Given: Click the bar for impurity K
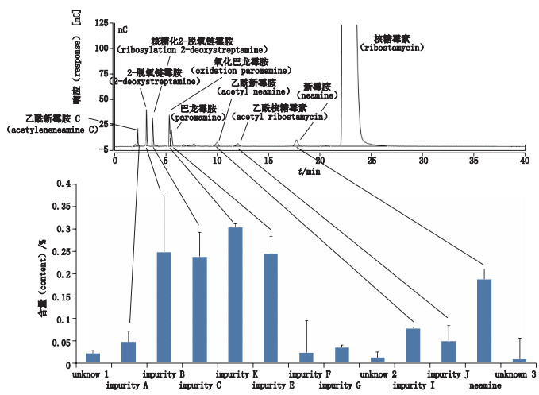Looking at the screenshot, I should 235,296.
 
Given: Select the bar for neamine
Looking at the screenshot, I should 483,322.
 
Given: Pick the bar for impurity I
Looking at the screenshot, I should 412,347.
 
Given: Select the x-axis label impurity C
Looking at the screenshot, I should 200,387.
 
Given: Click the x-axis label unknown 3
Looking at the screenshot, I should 515,374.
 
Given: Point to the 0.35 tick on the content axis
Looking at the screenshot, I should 71,206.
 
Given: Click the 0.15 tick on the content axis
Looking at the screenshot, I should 71,296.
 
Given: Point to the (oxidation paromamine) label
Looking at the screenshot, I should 241,71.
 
